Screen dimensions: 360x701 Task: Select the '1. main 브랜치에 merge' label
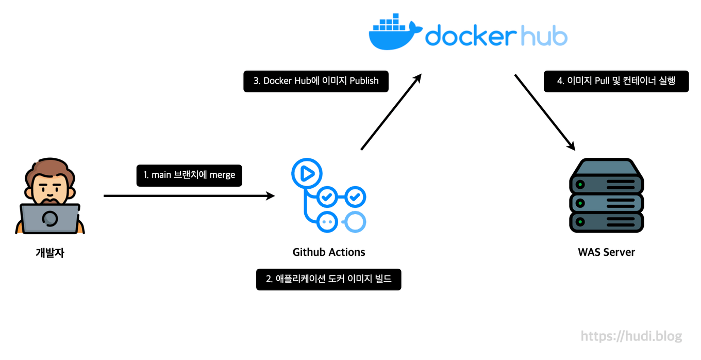189,175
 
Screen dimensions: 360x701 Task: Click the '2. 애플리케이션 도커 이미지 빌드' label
328,280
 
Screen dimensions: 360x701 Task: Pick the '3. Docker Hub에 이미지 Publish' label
315,81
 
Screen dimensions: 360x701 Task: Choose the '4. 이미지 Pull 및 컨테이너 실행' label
616,81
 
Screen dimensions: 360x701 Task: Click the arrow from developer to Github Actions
189,196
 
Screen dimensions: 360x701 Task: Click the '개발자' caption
50,253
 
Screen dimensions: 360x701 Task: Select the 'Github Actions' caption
329,252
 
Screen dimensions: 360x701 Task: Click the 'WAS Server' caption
606,252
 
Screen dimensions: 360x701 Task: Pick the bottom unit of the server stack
607,222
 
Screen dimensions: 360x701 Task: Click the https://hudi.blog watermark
631,336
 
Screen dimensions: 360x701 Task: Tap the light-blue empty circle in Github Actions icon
355,222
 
